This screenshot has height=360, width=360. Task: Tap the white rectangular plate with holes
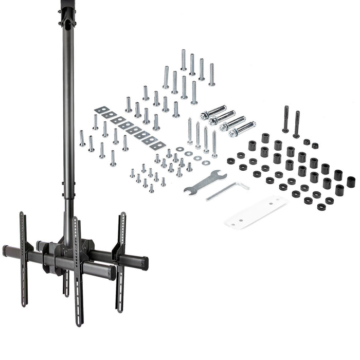point(256,212)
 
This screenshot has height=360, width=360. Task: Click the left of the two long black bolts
point(285,119)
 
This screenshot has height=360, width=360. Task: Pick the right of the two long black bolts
point(297,124)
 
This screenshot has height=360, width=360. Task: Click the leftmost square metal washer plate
point(101,111)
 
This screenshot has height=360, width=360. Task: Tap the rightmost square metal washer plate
point(157,146)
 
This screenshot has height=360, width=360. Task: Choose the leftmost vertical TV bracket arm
point(23,257)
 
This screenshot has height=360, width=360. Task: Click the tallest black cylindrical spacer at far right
point(351,182)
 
